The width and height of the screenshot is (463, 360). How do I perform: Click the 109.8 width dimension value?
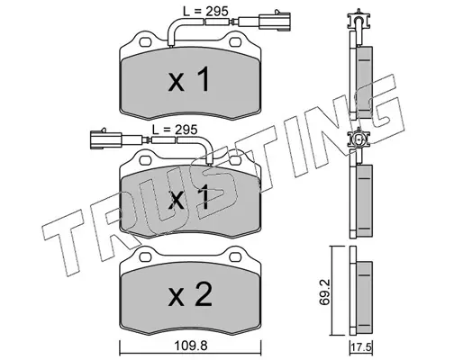(191, 346)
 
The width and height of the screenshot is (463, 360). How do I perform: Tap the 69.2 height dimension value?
(324, 292)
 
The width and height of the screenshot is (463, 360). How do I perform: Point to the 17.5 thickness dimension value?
(361, 349)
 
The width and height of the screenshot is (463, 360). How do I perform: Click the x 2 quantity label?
(190, 295)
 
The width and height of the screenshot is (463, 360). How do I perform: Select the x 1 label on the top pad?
(188, 79)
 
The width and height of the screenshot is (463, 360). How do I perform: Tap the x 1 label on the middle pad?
(188, 197)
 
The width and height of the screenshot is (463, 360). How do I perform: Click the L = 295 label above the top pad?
(205, 12)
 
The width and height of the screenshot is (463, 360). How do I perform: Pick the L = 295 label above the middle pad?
(175, 130)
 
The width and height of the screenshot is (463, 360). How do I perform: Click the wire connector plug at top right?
(276, 21)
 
